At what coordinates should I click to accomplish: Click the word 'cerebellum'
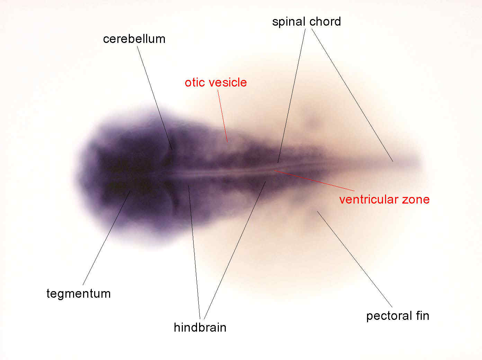coord(134,39)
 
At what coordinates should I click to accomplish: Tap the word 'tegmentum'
coord(78,294)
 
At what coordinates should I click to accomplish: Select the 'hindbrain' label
coord(200,327)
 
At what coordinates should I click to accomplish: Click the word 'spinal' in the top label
coord(289,22)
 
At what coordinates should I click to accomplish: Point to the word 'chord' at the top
coord(325,21)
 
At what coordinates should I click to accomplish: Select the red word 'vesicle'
coord(228,82)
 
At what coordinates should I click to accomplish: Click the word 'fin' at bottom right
coord(422,316)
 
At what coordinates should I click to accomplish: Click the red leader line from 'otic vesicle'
coord(222,116)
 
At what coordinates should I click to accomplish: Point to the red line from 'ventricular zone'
coord(314,181)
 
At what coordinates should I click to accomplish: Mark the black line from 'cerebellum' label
coord(154,98)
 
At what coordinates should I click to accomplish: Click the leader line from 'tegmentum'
coord(106,238)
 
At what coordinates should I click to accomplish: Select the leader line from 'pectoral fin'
coord(355,259)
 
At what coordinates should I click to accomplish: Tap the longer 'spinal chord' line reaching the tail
coord(352,95)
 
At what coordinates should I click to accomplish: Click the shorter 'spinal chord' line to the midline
coord(292,96)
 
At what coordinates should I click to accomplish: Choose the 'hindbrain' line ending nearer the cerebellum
coord(194,252)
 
